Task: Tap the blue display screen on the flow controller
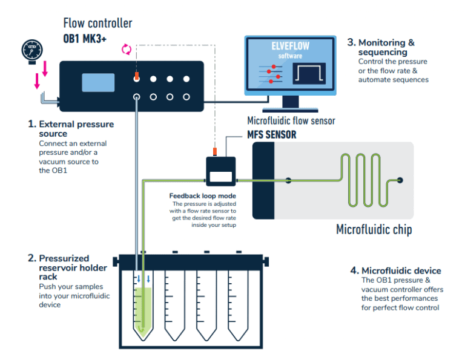98,83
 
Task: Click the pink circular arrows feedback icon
127,49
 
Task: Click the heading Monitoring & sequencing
386,47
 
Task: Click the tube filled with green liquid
143,303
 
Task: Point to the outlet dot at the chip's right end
400,180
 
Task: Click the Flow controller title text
97,24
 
